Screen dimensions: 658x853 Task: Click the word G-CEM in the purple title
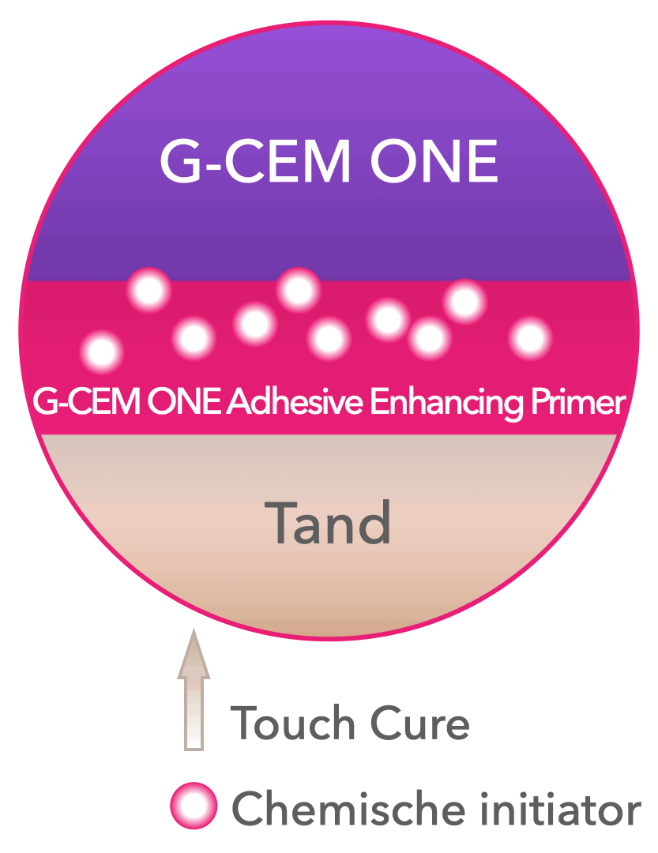click(254, 161)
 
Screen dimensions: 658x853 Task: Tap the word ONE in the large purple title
click(434, 161)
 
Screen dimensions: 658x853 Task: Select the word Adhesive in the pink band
click(295, 402)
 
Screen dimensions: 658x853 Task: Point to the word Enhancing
click(446, 404)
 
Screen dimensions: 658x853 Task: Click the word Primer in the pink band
click(578, 404)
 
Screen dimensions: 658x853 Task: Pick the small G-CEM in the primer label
click(86, 402)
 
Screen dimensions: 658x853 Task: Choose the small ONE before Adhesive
click(184, 402)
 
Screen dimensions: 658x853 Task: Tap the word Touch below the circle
click(293, 723)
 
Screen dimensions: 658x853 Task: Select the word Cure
click(419, 723)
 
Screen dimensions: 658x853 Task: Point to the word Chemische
click(348, 809)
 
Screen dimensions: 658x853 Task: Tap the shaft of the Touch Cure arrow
click(194, 714)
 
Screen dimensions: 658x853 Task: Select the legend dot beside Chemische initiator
click(194, 806)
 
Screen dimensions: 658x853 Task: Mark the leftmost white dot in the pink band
click(102, 351)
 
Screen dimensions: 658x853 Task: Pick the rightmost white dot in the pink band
click(530, 337)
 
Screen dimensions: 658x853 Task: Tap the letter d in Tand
click(374, 522)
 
